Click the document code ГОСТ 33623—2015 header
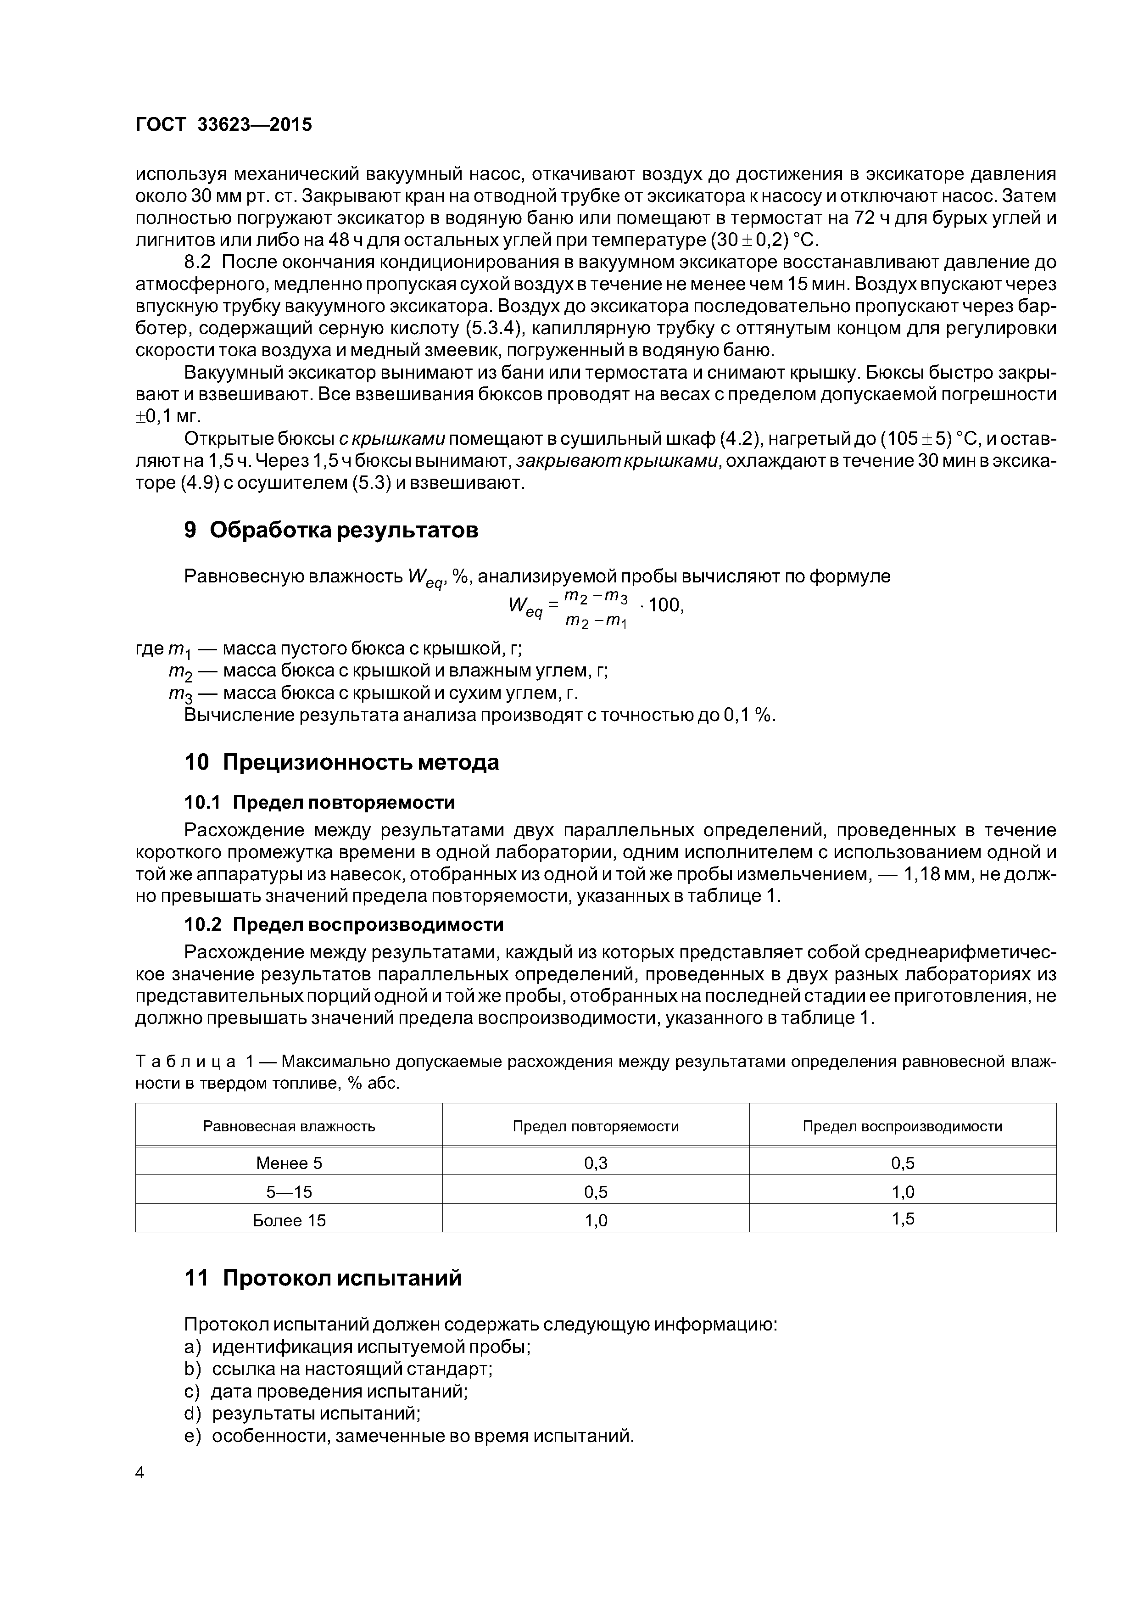(223, 125)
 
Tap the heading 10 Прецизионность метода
(341, 762)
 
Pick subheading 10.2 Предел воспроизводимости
(344, 925)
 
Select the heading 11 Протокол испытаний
(323, 1278)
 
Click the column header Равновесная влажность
(289, 1126)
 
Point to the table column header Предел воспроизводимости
(903, 1126)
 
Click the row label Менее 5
(289, 1164)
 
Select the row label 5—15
(289, 1192)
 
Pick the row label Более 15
(289, 1221)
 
